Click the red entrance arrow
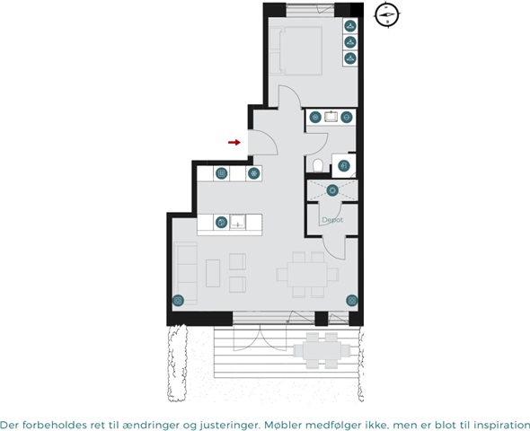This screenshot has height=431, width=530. [234, 142]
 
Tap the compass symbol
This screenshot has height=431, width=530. [387, 15]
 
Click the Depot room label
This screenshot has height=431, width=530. [332, 220]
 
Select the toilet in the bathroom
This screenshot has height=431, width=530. [318, 166]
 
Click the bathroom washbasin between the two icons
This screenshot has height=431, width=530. [331, 117]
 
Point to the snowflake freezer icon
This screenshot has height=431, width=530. [253, 173]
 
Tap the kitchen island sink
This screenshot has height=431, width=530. [238, 223]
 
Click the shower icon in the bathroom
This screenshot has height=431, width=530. [344, 165]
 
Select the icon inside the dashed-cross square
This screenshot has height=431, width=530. [332, 190]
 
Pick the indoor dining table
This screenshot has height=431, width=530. [307, 274]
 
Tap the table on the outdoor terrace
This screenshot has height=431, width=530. [322, 350]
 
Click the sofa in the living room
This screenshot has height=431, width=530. [185, 273]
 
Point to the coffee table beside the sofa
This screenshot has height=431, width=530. [213, 273]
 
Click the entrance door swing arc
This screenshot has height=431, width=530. [270, 138]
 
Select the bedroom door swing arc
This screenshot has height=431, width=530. [294, 92]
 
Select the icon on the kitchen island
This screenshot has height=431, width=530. [221, 223]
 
